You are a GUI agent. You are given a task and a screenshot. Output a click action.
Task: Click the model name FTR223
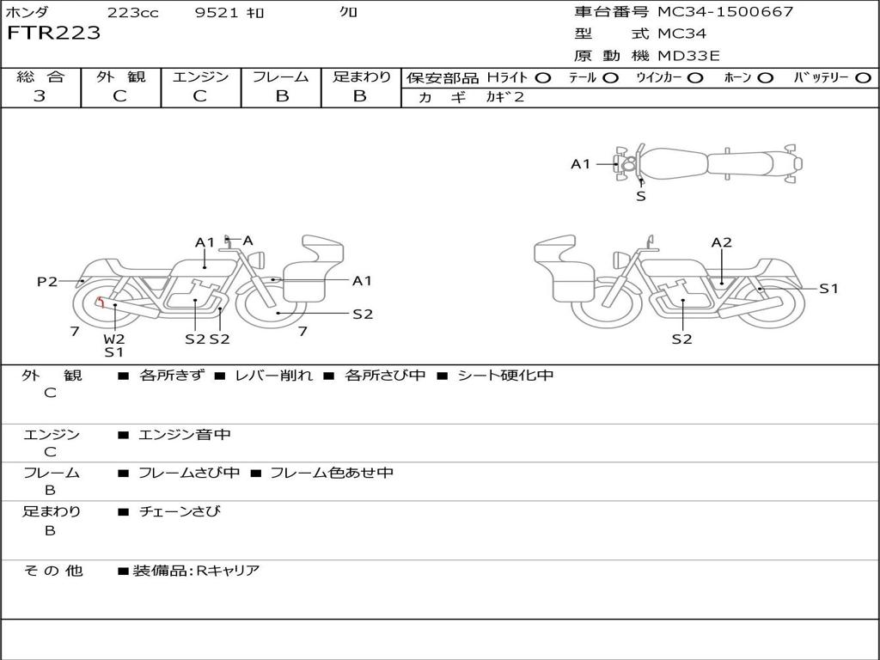[x=54, y=34]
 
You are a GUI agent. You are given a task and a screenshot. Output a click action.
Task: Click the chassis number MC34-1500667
[x=724, y=12]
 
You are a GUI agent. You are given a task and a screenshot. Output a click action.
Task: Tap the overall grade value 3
[x=40, y=96]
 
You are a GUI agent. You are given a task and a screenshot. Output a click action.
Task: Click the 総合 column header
[x=40, y=76]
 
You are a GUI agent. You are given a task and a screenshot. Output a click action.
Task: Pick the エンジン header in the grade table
[x=200, y=76]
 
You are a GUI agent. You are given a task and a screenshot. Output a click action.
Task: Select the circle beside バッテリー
[x=863, y=77]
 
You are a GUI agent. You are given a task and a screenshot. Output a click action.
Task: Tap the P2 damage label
[x=47, y=281]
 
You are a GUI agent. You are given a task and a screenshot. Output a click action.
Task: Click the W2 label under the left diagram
[x=114, y=339]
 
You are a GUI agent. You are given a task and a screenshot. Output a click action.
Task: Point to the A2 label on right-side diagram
[x=721, y=242]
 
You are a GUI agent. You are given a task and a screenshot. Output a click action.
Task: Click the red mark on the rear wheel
[x=101, y=302]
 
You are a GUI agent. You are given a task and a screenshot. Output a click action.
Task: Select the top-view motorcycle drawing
[x=708, y=163]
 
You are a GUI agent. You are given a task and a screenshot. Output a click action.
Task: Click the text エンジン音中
[x=185, y=435]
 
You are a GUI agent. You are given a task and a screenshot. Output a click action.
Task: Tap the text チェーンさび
[x=180, y=511]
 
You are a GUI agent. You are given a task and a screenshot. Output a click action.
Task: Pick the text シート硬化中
[x=505, y=376]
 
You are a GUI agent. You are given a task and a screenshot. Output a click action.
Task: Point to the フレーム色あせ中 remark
[x=332, y=473]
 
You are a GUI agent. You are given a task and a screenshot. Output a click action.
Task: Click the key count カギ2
[x=504, y=97]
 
